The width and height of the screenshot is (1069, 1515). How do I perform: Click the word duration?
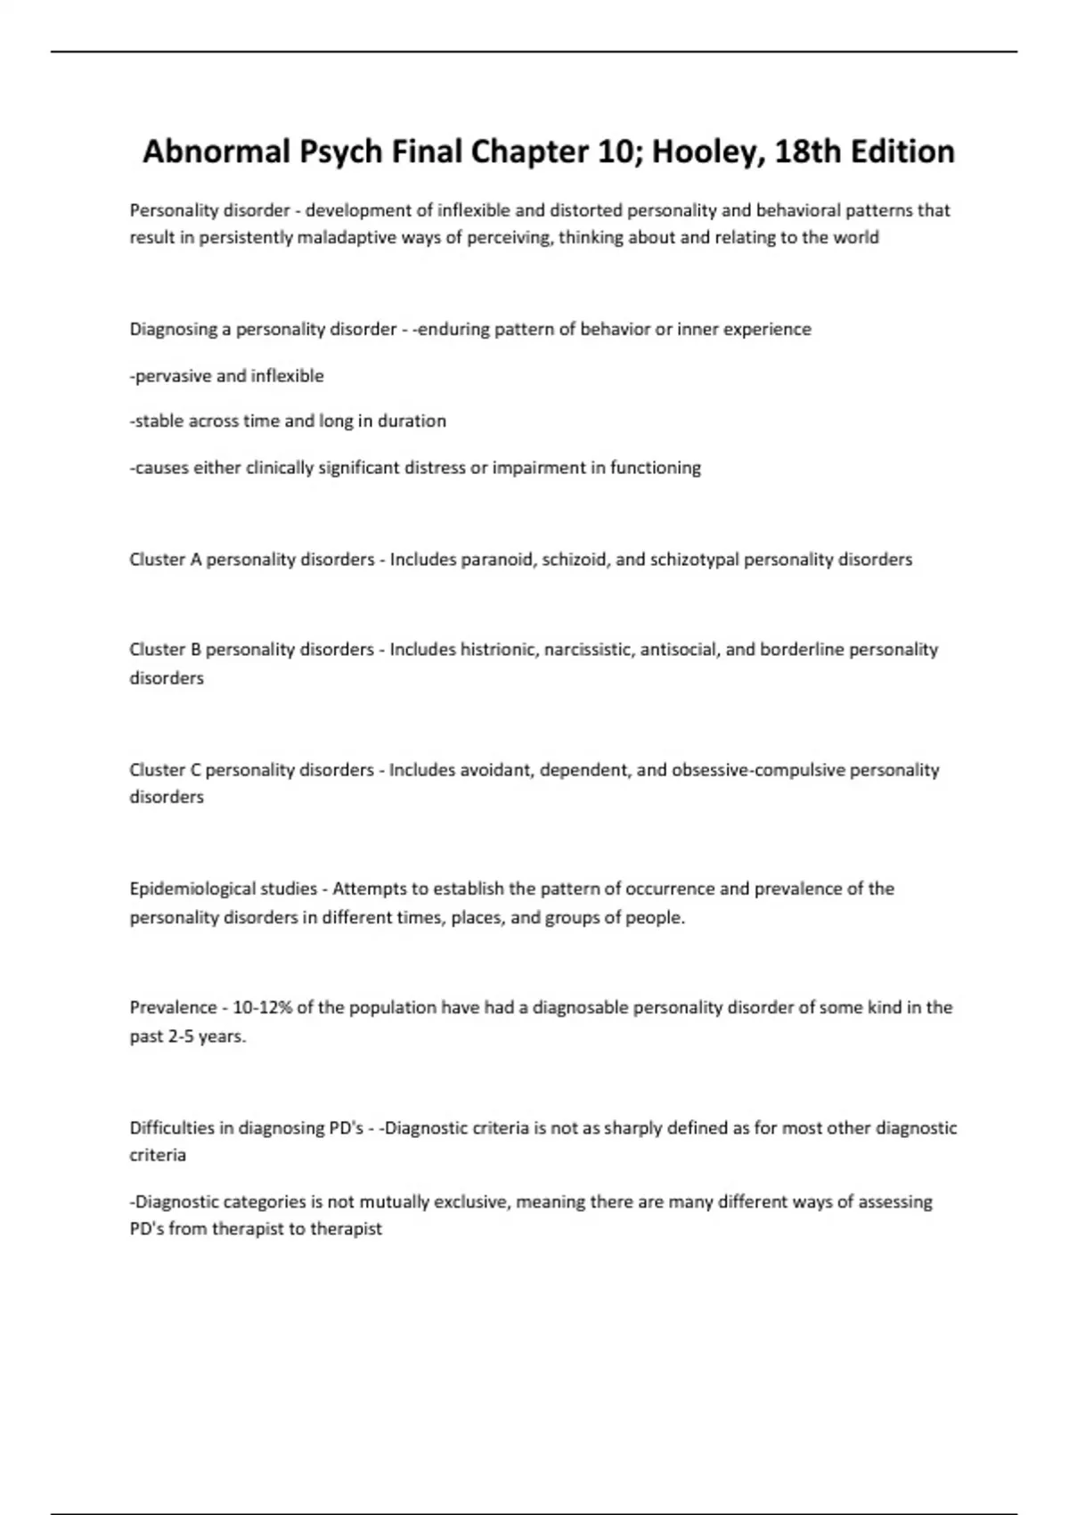(x=412, y=421)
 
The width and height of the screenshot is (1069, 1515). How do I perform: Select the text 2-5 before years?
(x=181, y=1036)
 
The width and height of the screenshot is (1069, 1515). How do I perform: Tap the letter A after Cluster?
(x=196, y=560)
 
